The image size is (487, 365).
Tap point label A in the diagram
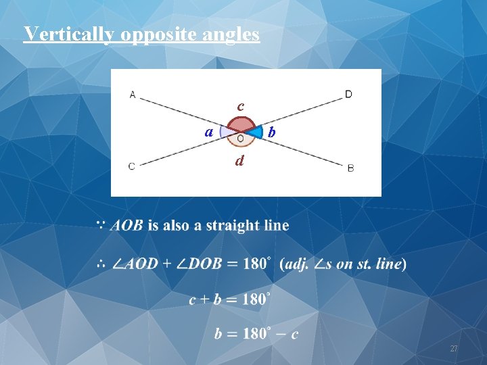tap(133, 95)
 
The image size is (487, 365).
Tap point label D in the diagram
tap(348, 94)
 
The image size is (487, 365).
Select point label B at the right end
tap(350, 168)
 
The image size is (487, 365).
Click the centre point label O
tap(241, 139)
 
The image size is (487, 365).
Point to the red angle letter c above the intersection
tap(240, 106)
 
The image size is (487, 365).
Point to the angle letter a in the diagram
tap(210, 130)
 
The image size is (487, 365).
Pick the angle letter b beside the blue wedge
tap(271, 132)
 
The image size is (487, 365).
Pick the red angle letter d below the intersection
tap(239, 161)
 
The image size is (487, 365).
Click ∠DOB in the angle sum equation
tap(199, 264)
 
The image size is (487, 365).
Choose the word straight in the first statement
tap(232, 225)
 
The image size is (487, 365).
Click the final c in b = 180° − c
tap(294, 334)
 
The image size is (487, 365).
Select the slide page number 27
tap(454, 349)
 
